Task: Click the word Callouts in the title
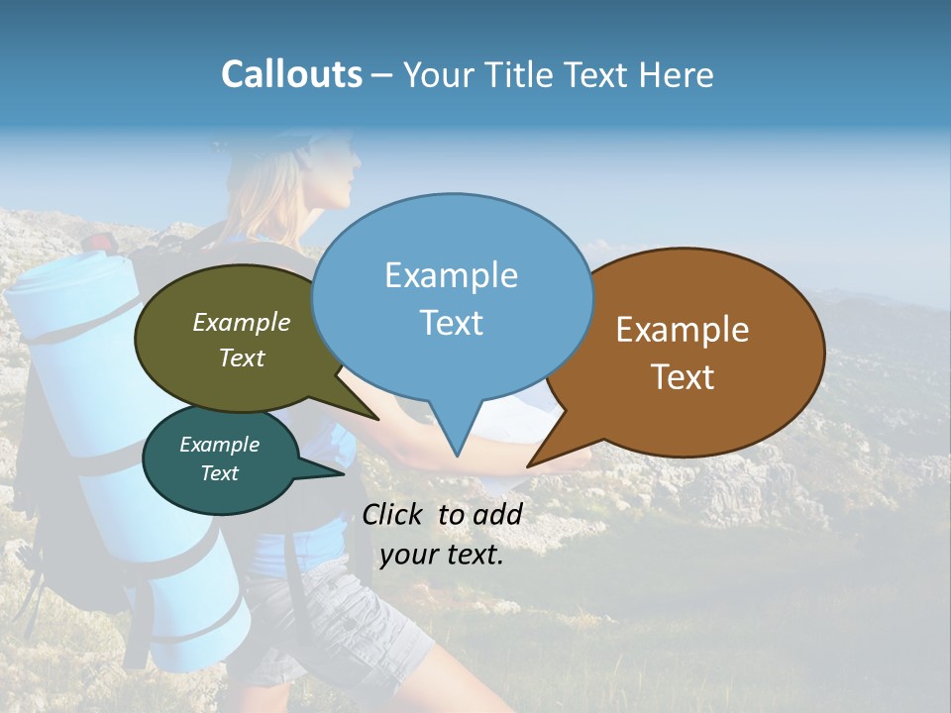pos(291,74)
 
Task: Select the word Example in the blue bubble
pos(451,275)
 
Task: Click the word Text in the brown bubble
pos(683,377)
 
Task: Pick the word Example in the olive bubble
pos(242,322)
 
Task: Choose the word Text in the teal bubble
pos(219,473)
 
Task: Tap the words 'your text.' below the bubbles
pos(442,555)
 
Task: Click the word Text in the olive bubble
pos(242,357)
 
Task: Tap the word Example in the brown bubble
pos(683,330)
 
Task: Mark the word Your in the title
pos(439,75)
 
